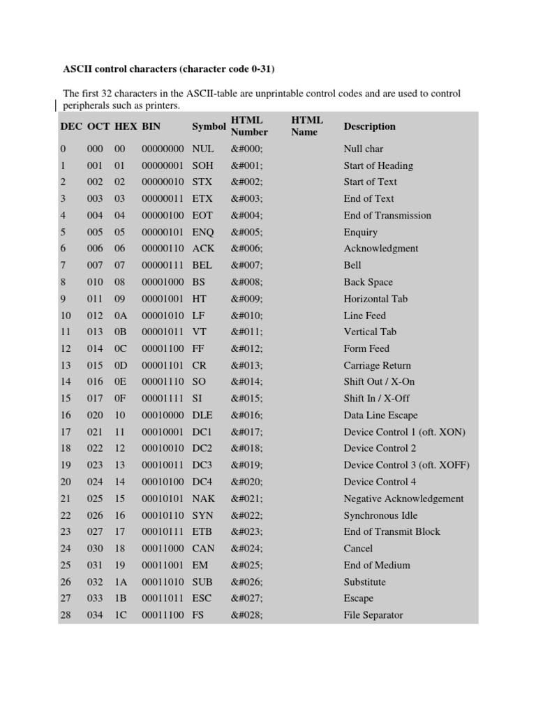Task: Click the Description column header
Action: (x=369, y=126)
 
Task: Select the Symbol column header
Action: (x=209, y=127)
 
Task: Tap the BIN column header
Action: (x=151, y=127)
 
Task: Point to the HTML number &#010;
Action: (x=247, y=316)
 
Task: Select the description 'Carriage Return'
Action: (x=377, y=365)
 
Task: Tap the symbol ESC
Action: (x=202, y=598)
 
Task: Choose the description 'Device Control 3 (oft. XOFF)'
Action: (x=407, y=465)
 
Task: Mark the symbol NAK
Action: (x=203, y=499)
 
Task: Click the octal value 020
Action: (x=94, y=415)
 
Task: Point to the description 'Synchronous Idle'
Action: (x=380, y=515)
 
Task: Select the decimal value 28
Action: (x=66, y=615)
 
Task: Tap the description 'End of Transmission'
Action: (x=387, y=216)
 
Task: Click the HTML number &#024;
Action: (x=247, y=548)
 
